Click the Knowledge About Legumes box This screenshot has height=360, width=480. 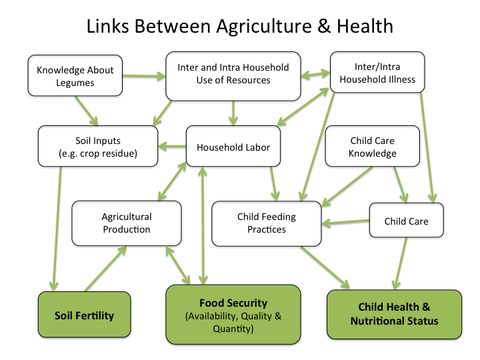(75, 75)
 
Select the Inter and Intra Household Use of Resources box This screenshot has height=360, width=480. (233, 76)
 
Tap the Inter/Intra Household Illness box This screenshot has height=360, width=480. (377, 72)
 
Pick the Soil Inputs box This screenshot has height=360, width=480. (98, 146)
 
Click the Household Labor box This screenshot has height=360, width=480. (233, 146)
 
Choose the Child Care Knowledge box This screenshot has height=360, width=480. (372, 146)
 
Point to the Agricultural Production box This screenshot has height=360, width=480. (127, 223)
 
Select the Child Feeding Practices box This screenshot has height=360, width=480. (266, 223)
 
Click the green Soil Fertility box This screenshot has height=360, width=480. (84, 315)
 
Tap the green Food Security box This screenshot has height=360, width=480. (233, 315)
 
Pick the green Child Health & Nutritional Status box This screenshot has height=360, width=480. (394, 315)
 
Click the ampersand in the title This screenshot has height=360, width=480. (324, 26)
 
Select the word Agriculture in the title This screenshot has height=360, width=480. (264, 27)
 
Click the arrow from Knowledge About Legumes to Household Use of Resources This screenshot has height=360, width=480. (144, 76)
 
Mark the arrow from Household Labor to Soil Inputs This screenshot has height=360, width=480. (172, 146)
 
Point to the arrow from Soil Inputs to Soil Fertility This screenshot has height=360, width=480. (57, 229)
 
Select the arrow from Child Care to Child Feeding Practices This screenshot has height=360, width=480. (345, 222)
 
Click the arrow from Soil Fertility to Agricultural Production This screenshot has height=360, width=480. (105, 269)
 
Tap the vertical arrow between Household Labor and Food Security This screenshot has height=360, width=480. (203, 226)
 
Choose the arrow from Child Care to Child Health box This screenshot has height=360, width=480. (401, 263)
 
